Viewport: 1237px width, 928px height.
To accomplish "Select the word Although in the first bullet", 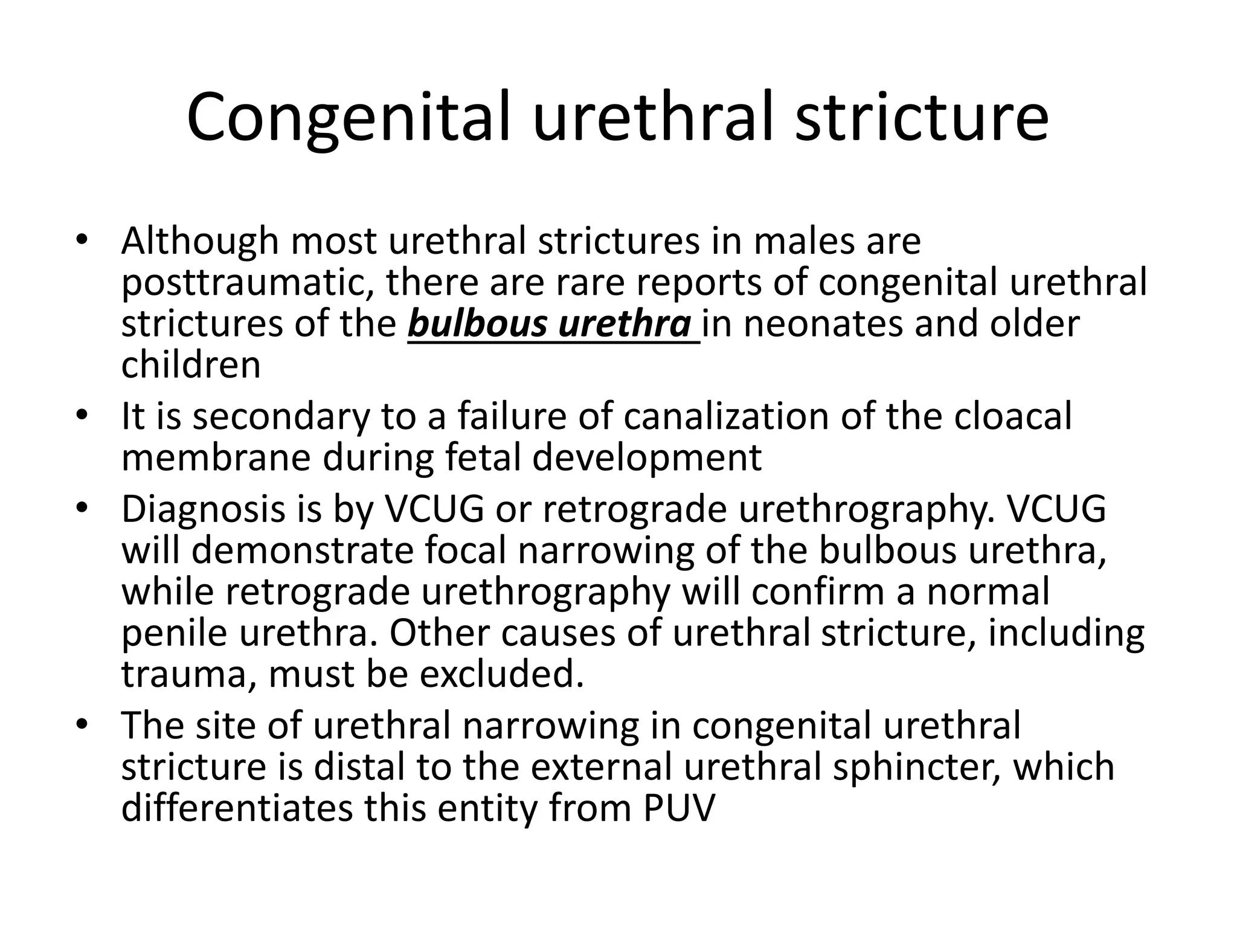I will coord(200,242).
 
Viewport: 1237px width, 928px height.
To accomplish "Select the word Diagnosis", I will coord(203,509).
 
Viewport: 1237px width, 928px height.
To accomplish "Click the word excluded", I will coord(501,674).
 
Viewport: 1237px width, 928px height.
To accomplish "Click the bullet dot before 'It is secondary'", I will coord(83,416).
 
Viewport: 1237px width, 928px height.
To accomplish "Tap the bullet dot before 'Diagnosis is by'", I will coord(83,508).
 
